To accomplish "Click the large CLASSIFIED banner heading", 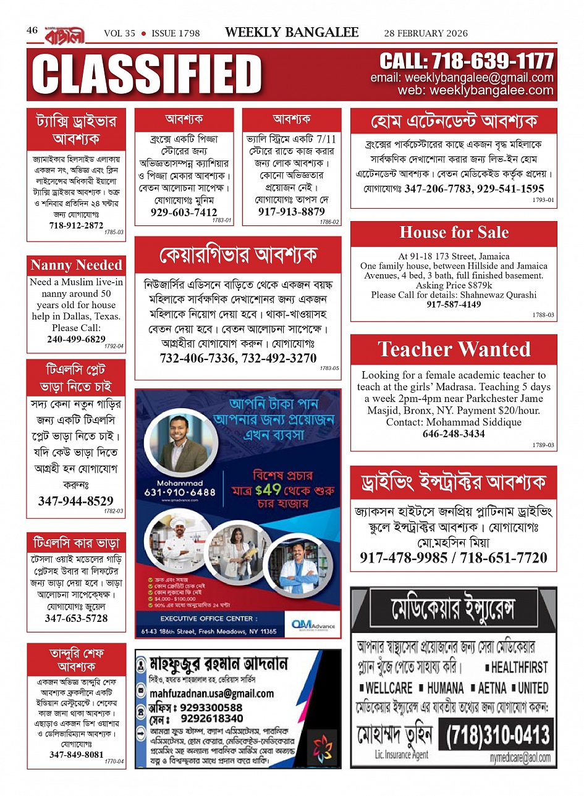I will click(x=147, y=75).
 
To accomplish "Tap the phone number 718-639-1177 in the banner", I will click(x=466, y=61).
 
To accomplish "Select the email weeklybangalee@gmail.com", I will click(x=462, y=78).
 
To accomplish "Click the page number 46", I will click(x=32, y=30).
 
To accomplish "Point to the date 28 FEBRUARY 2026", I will click(x=426, y=33).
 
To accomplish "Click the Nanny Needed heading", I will click(x=76, y=265).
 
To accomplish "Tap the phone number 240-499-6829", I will click(x=76, y=339).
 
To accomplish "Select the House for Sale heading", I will click(x=454, y=233).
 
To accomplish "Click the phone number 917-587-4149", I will click(x=454, y=304).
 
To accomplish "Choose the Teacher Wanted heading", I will click(x=454, y=350).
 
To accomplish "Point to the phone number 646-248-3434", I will click(x=454, y=434).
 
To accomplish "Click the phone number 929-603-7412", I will click(x=184, y=212).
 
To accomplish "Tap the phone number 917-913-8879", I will click(x=291, y=211).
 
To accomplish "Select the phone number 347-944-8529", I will click(x=75, y=501).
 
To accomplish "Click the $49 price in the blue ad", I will click(x=268, y=490).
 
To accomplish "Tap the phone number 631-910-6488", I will click(x=180, y=492).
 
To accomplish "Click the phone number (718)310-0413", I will click(x=497, y=735).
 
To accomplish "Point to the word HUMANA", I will click(x=445, y=688).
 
